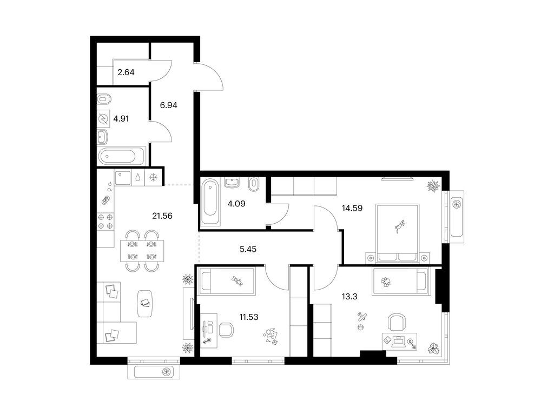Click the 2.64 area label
[126, 72]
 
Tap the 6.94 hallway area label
[169, 105]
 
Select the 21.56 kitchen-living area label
[162, 216]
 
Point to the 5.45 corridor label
[248, 249]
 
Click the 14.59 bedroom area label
[352, 208]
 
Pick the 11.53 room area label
[249, 317]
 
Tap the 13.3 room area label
[349, 297]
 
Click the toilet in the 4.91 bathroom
[104, 99]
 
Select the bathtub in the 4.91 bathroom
[122, 156]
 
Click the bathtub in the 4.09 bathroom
[210, 202]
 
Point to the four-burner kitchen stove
[105, 221]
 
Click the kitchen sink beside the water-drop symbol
[123, 178]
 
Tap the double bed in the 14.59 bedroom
[398, 233]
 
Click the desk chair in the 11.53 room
[226, 330]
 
